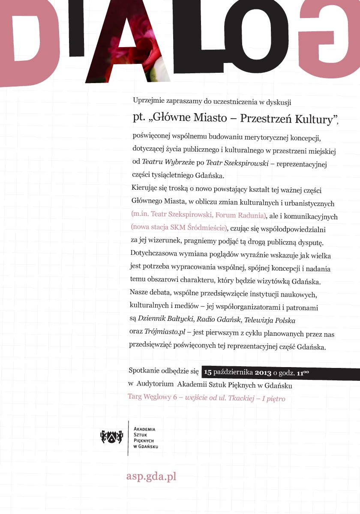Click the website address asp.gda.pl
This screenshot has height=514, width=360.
coord(151,477)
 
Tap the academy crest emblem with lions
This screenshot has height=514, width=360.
coord(109,436)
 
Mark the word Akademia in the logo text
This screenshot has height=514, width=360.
coord(144,429)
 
